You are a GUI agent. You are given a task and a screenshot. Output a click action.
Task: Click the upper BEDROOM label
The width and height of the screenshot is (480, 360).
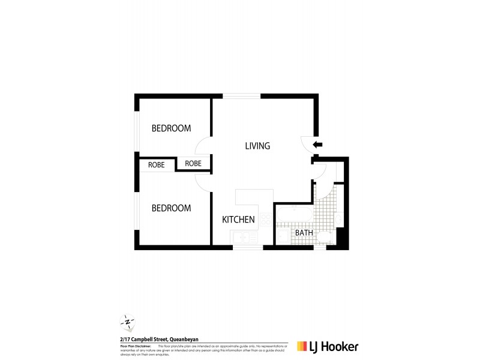pyautogui.click(x=171, y=128)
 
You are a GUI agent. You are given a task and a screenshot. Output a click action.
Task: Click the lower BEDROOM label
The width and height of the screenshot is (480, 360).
pyautogui.click(x=171, y=208)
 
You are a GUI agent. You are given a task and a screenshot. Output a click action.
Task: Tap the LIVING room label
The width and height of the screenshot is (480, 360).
pyautogui.click(x=257, y=146)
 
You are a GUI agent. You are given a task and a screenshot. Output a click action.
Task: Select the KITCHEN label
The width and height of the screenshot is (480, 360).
pyautogui.click(x=239, y=220)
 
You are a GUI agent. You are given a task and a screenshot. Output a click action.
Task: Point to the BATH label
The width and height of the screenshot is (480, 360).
pyautogui.click(x=304, y=233)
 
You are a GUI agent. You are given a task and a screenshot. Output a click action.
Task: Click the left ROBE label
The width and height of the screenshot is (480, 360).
pyautogui.click(x=157, y=164)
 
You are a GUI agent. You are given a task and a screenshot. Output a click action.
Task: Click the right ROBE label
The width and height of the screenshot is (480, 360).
pyautogui.click(x=193, y=163)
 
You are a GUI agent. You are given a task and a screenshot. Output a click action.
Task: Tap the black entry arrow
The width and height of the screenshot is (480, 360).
pyautogui.click(x=318, y=145)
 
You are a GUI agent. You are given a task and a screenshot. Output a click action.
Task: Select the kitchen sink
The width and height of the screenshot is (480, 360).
pyautogui.click(x=245, y=238)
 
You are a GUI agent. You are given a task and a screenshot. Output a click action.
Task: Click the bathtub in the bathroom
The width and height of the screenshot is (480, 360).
pyautogui.click(x=293, y=215)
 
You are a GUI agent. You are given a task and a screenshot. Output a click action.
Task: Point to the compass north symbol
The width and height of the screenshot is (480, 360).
pyautogui.click(x=128, y=322)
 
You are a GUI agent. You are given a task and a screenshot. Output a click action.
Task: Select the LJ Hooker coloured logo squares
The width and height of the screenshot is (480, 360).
pyautogui.click(x=302, y=346)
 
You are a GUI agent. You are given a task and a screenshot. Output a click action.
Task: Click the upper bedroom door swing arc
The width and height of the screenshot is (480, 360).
pyautogui.click(x=202, y=145)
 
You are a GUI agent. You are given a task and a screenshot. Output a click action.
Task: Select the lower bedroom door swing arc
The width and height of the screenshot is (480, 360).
pyautogui.click(x=202, y=182)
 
